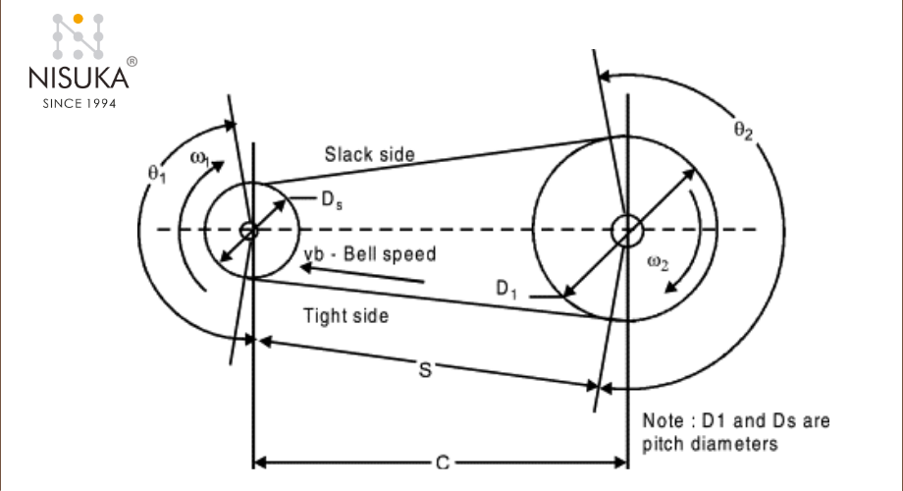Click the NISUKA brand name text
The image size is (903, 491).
[80, 78]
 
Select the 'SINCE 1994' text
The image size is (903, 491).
[80, 102]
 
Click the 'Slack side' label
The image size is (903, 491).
[370, 154]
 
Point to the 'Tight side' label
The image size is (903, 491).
[345, 315]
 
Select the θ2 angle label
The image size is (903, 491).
[743, 133]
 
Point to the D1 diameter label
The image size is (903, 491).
[506, 289]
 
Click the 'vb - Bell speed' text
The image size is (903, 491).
[370, 253]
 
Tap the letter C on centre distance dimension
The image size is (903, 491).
[441, 463]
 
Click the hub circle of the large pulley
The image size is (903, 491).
[626, 231]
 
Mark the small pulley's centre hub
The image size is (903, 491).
[249, 230]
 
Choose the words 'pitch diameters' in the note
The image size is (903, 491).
[711, 443]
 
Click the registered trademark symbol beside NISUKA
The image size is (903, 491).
[132, 61]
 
